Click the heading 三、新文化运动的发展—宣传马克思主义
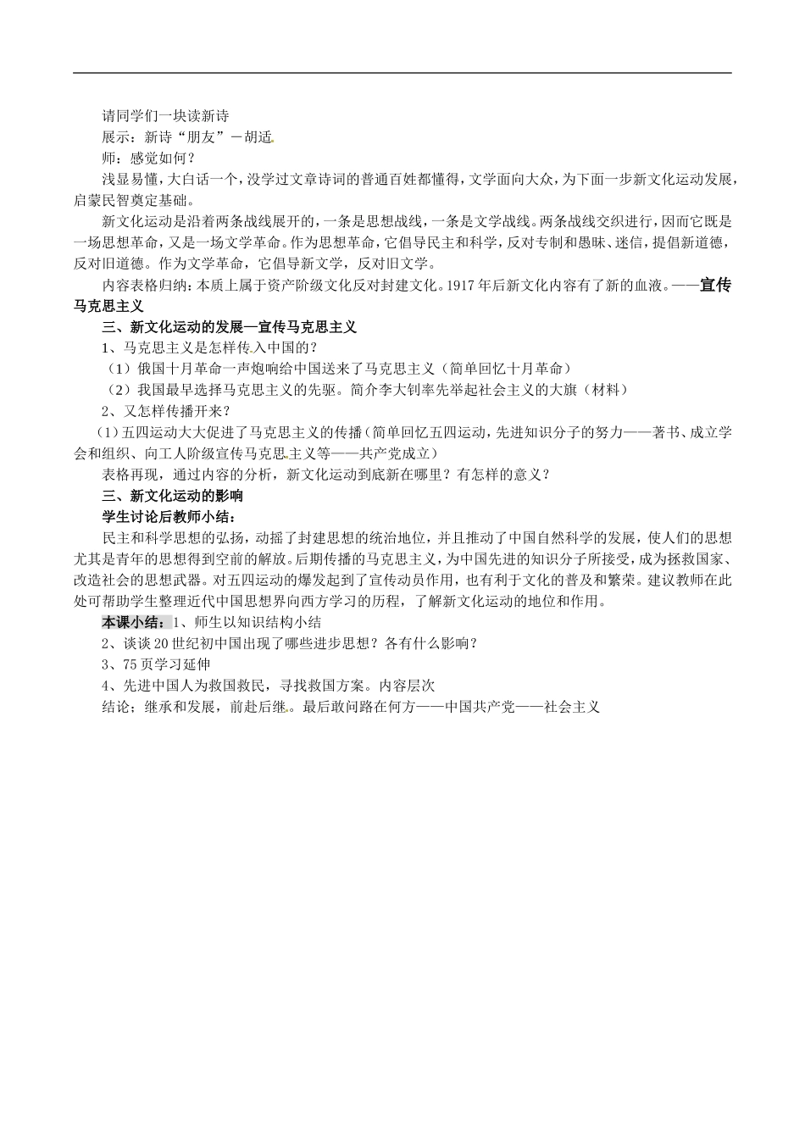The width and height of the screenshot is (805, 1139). (x=229, y=326)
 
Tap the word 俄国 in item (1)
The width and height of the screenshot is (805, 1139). (x=152, y=369)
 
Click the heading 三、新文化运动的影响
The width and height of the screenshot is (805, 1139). (x=172, y=495)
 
